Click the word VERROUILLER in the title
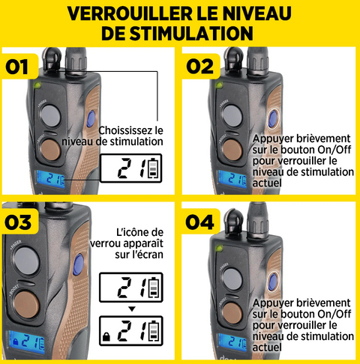pyautogui.click(x=130, y=13)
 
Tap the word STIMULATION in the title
pyautogui.click(x=190, y=34)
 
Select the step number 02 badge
pyautogui.click(x=200, y=66)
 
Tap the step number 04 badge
pyautogui.click(x=200, y=222)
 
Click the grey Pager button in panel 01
pyautogui.click(x=51, y=115)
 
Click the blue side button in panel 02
pyautogui.click(x=273, y=118)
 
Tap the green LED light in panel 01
pyautogui.click(x=37, y=85)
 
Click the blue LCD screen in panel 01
pyautogui.click(x=51, y=179)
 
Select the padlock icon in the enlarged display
pyautogui.click(x=106, y=336)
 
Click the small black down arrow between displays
pyautogui.click(x=132, y=309)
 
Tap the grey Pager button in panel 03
pyautogui.click(x=26, y=261)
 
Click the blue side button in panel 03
pyautogui.click(x=79, y=264)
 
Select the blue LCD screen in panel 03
pyautogui.click(x=27, y=342)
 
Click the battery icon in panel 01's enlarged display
pyautogui.click(x=154, y=169)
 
